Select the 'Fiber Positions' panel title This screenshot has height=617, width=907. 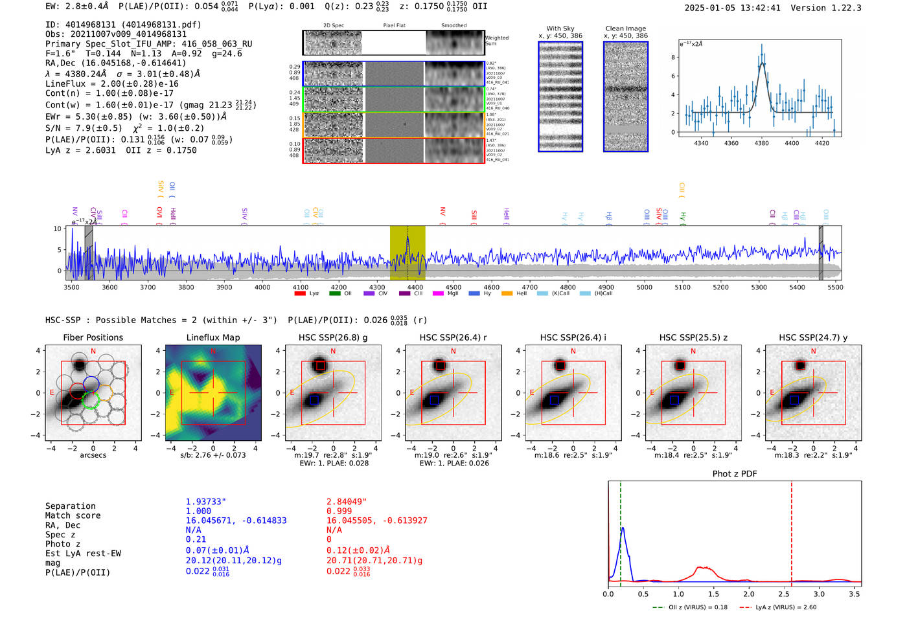click(93, 337)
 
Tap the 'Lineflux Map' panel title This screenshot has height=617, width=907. click(212, 337)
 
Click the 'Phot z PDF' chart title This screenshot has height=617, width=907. click(735, 473)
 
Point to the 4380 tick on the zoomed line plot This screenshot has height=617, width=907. click(761, 143)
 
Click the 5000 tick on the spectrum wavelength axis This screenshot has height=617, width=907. click(644, 287)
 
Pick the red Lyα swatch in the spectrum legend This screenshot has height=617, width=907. click(300, 293)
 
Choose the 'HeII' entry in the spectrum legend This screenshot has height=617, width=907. click(522, 293)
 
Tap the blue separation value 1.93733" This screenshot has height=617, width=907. click(206, 502)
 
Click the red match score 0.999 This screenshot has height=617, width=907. click(339, 511)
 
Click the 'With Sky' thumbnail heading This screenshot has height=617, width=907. click(560, 28)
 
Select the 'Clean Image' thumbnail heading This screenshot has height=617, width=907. click(625, 28)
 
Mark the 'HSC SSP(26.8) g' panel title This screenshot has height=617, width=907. click(333, 337)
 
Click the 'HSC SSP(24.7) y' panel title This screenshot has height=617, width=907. click(813, 337)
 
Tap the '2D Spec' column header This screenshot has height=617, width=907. click(333, 25)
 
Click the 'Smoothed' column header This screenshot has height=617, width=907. click(454, 25)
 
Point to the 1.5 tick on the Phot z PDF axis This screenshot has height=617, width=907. click(713, 594)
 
